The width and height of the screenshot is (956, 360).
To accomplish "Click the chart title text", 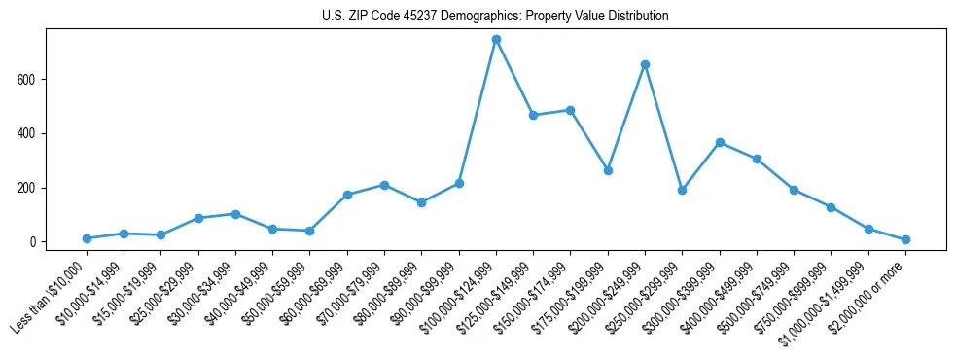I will (495, 17).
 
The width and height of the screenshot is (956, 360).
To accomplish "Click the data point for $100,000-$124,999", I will (496, 40).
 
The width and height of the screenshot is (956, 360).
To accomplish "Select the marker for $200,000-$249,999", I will (645, 64).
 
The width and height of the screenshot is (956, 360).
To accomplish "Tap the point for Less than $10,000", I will (87, 238).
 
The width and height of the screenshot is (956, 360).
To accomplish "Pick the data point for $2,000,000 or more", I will (905, 239).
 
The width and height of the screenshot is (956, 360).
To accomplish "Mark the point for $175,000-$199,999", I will (608, 170).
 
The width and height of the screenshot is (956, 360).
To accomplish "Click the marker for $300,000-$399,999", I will (720, 142).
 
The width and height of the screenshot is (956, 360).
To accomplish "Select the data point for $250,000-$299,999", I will (683, 190).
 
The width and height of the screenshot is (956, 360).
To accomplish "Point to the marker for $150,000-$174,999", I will (571, 110).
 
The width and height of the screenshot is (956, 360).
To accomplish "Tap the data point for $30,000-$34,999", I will (235, 214).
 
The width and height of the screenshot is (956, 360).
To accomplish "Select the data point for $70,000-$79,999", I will (384, 185).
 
